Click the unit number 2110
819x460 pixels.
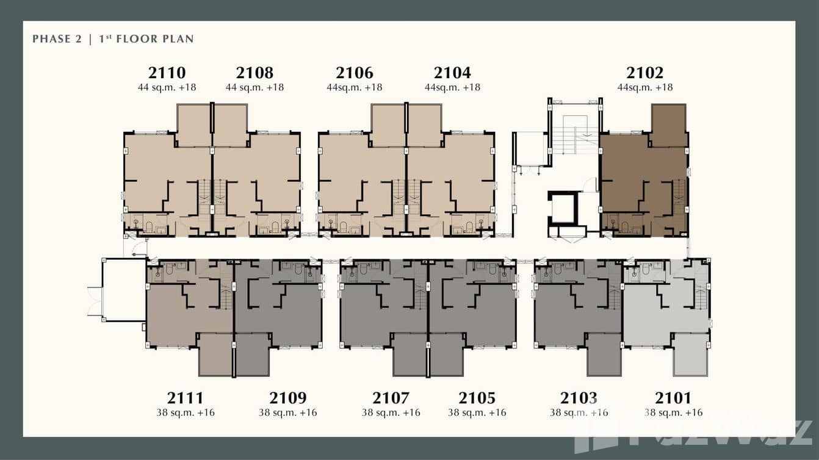point(167,73)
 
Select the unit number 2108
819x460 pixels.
point(254,73)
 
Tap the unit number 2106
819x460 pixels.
point(355,73)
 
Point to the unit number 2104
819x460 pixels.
point(452,73)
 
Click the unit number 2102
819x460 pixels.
point(645,73)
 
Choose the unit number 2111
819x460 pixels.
point(186,398)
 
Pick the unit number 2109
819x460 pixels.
point(287,398)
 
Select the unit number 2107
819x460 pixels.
point(391,398)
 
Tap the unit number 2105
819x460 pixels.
point(477,398)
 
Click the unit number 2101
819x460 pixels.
point(673,398)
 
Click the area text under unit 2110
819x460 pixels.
point(167,87)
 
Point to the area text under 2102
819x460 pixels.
point(645,87)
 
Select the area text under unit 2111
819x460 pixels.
point(186,412)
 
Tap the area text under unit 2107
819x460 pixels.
point(391,412)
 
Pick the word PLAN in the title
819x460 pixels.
point(178,39)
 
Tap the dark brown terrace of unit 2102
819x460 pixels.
point(668,124)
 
